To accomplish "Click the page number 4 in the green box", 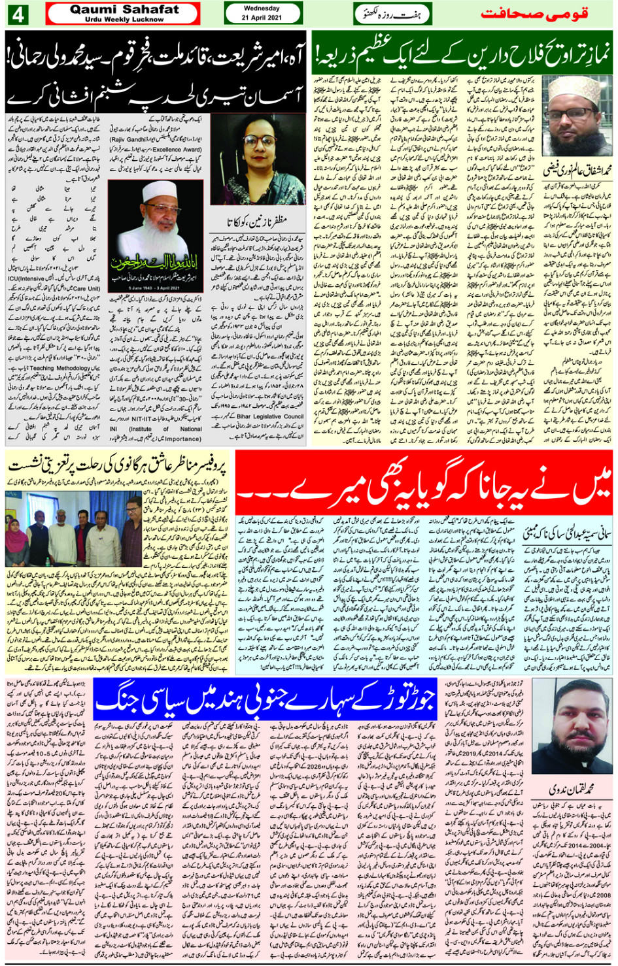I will click(x=18, y=14).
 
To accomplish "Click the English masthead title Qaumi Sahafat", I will click(x=124, y=9).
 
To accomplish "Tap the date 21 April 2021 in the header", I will click(x=262, y=18).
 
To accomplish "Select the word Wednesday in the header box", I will click(x=262, y=8).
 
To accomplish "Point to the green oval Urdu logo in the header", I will click(x=392, y=14).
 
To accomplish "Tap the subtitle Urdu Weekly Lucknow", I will click(x=124, y=20).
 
